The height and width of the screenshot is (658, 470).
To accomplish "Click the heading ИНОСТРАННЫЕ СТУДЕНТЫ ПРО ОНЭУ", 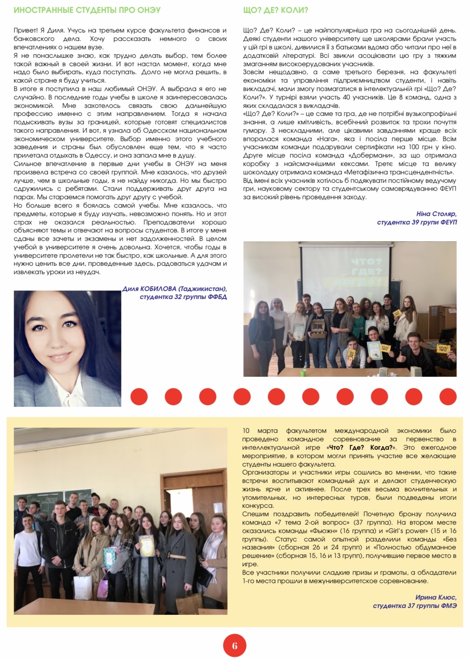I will point(87,10).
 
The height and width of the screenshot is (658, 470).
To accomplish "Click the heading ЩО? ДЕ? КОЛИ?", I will point(276,10).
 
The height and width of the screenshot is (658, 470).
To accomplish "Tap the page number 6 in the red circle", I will point(234,645).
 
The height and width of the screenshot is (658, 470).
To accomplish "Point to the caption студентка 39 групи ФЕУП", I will point(416,222).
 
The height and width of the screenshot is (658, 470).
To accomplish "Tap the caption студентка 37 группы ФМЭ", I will point(414,606).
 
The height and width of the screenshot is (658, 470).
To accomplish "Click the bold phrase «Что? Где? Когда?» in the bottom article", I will point(359,448).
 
